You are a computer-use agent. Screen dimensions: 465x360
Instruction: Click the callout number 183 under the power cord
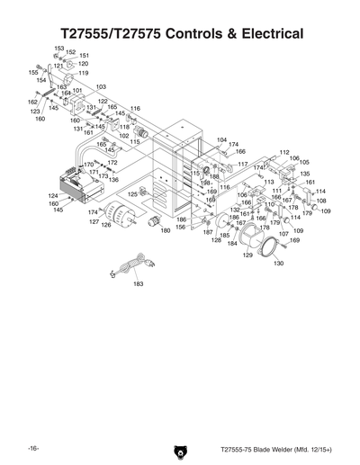[x=139, y=283]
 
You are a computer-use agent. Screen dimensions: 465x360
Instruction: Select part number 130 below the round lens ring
[x=278, y=264]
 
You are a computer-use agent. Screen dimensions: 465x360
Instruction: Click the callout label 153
[x=59, y=48]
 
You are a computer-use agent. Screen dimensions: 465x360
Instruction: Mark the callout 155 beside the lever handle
[x=33, y=72]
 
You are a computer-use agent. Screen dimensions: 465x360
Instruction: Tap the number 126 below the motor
[x=105, y=225]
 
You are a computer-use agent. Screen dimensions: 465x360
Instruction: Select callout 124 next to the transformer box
[x=53, y=195]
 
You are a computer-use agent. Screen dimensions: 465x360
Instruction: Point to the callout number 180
[x=166, y=231]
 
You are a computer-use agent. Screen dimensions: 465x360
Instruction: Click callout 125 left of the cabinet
[x=131, y=193]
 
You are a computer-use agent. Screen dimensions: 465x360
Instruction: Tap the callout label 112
[x=284, y=152]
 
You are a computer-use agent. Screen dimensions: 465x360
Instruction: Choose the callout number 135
[x=305, y=174]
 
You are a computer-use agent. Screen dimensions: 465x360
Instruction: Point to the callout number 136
[x=113, y=180]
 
